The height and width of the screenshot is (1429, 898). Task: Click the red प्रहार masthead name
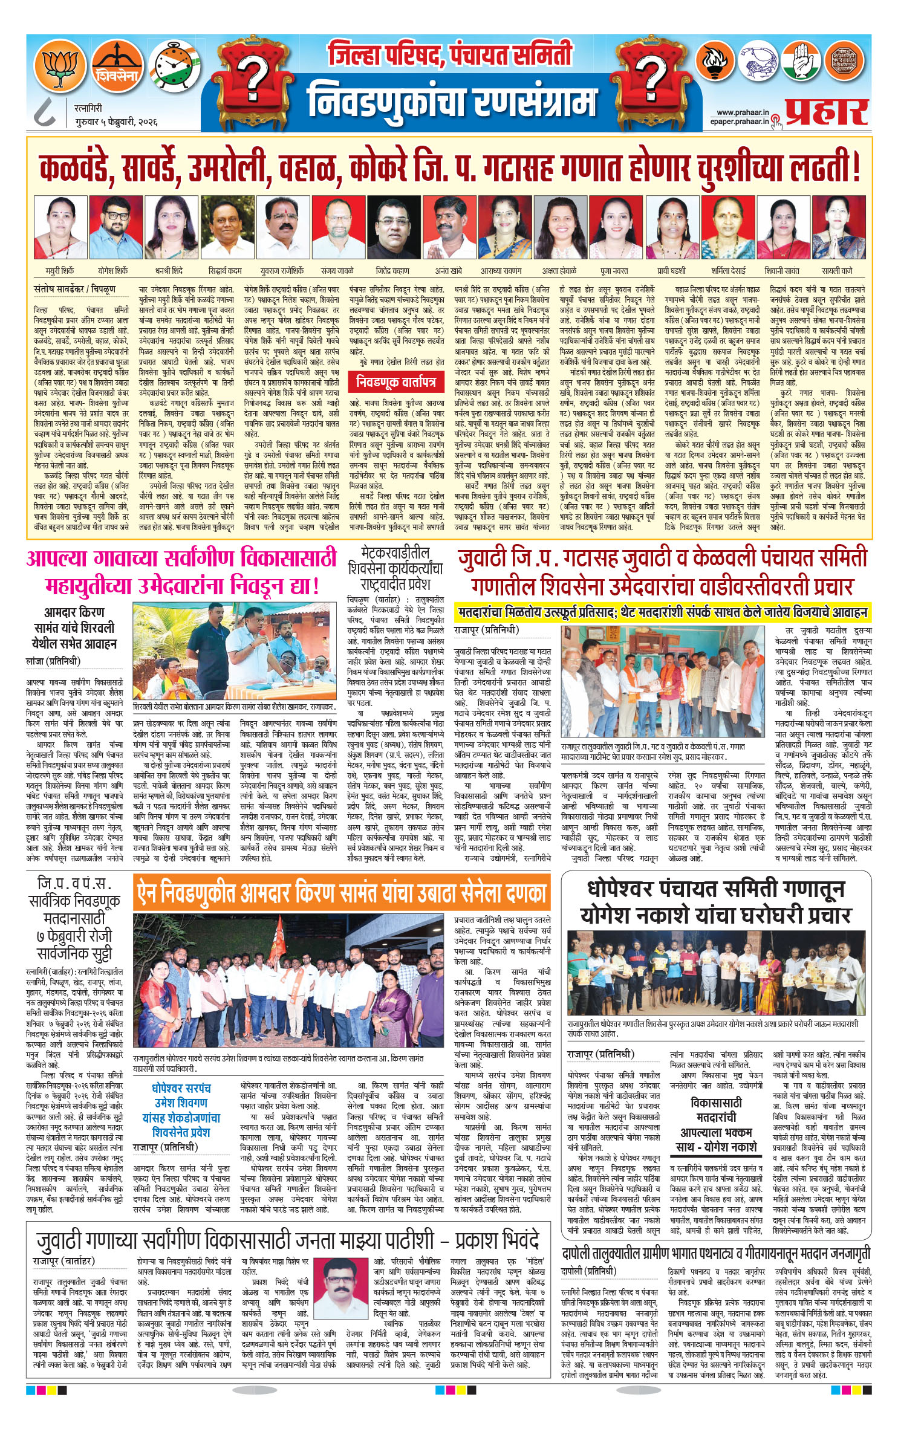tap(826, 112)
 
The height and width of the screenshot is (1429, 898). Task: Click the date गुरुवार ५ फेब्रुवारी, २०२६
tap(116, 122)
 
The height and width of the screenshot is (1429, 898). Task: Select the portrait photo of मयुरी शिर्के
tap(60, 227)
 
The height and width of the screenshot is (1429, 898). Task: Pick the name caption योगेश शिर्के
tap(113, 271)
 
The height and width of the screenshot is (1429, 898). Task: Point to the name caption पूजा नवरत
tap(614, 271)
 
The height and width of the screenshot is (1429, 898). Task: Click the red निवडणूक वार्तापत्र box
tap(395, 381)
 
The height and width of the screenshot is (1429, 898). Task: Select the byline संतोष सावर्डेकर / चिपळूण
tap(74, 290)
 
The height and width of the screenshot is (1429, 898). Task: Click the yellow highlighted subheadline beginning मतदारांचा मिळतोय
tap(662, 612)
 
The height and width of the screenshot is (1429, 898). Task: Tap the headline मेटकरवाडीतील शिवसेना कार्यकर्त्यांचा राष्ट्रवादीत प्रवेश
tap(394, 569)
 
